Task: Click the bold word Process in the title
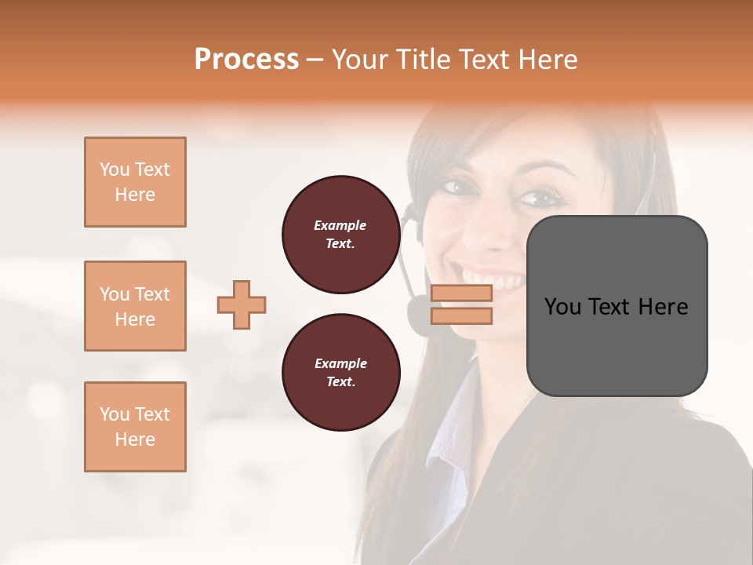click(246, 59)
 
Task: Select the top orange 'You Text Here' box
click(135, 182)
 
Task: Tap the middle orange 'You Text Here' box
click(135, 306)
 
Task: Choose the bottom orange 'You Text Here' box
click(135, 427)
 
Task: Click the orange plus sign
click(242, 304)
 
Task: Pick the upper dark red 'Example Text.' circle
click(340, 235)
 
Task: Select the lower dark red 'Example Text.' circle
click(340, 373)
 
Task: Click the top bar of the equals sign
click(461, 293)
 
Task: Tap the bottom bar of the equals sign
click(461, 316)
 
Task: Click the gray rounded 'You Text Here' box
click(617, 306)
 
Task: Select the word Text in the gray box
click(616, 307)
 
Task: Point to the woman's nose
click(491, 231)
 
